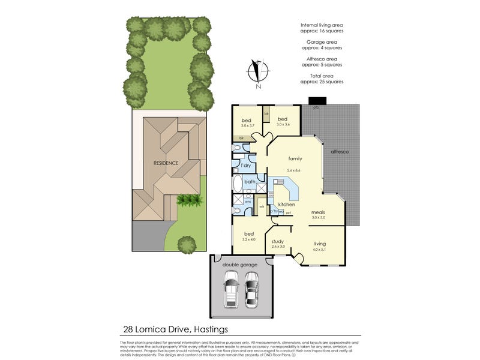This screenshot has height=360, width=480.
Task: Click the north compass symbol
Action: (x=257, y=72)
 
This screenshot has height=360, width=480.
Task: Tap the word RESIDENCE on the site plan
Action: (x=166, y=163)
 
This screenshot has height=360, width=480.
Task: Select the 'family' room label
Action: (x=295, y=159)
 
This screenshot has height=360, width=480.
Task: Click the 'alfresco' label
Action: (x=340, y=152)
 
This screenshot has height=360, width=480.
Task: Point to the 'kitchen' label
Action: (x=286, y=205)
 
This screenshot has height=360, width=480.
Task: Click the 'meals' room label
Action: (x=318, y=212)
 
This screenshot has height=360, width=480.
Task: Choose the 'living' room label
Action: (x=320, y=244)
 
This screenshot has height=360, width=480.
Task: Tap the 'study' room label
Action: (x=277, y=241)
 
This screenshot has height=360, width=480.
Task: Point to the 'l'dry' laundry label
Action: (x=245, y=165)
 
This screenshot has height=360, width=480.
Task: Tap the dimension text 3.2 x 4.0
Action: (x=248, y=239)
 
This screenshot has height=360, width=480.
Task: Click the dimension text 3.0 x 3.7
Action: (x=248, y=125)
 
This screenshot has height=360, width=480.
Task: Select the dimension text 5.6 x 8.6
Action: (x=294, y=170)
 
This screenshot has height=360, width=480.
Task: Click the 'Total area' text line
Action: (x=322, y=76)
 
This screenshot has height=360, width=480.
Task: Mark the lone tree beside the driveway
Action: (x=187, y=244)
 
